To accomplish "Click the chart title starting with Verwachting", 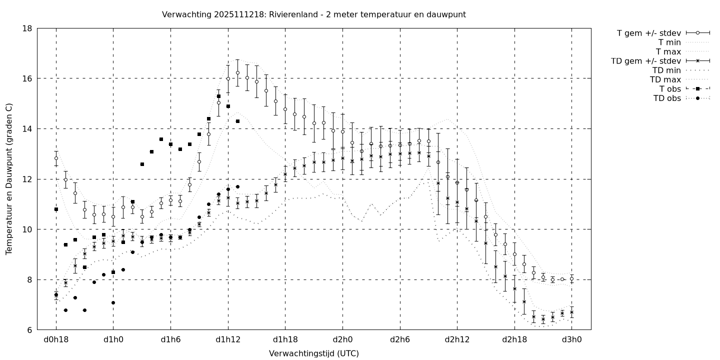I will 314,14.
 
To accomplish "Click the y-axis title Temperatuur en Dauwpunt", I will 9,179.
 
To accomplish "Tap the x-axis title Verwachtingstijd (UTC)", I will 314,353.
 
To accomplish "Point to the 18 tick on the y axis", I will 27,28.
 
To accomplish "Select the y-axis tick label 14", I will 27,129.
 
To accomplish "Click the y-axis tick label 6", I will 29,330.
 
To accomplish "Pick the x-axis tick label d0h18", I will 56,340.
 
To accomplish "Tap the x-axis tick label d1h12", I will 228,340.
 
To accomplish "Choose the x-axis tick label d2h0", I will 342,340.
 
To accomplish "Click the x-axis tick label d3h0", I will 571,340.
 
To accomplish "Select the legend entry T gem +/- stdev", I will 648,33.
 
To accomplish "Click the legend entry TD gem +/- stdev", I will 645,61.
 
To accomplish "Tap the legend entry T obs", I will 670,89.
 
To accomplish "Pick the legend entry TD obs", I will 667,98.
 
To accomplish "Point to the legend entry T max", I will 669,51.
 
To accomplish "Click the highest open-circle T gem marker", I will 237,72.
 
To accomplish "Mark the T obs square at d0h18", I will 56,209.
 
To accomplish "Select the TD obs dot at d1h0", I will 113,302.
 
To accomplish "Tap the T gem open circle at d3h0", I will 571,279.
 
